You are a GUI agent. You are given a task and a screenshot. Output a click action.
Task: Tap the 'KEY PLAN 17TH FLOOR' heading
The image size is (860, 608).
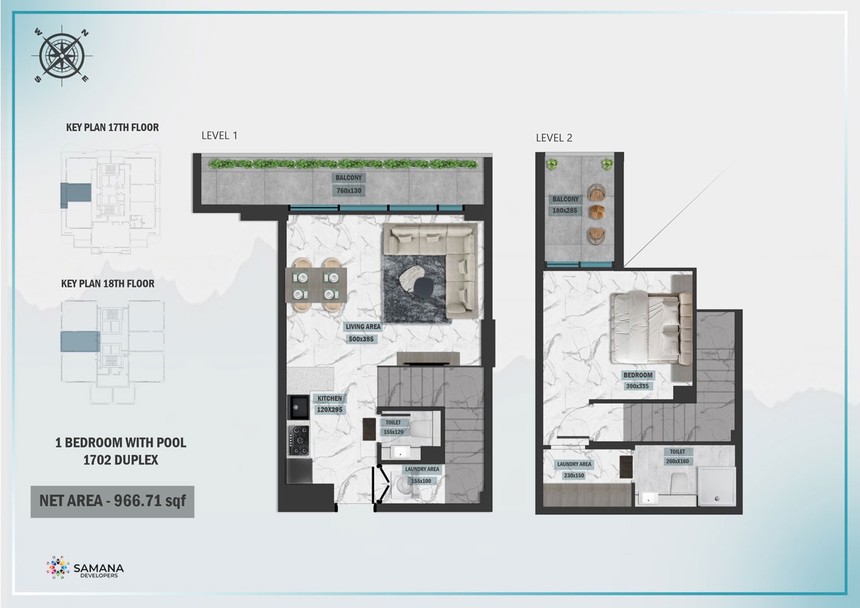113,128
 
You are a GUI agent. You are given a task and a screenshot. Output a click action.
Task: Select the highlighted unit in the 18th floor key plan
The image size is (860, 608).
79,341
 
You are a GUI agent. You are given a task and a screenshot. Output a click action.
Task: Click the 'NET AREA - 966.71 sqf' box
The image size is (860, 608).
113,501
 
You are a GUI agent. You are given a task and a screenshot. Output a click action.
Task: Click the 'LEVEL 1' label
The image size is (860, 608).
219,136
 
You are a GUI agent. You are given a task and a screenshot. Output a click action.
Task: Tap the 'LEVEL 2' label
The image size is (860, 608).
553,138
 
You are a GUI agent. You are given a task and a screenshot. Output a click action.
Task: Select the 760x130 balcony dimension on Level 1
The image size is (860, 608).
349,191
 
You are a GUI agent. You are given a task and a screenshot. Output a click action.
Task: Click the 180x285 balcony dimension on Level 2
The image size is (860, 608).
565,210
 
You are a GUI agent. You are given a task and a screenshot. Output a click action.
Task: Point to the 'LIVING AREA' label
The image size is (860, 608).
363,327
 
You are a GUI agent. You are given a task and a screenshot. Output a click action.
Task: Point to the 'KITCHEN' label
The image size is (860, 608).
330,399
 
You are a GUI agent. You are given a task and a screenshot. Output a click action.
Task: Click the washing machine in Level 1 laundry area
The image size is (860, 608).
403,487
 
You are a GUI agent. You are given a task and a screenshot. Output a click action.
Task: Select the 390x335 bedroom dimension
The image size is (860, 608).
637,386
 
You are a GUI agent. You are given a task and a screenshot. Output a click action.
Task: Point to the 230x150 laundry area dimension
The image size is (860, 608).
574,475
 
